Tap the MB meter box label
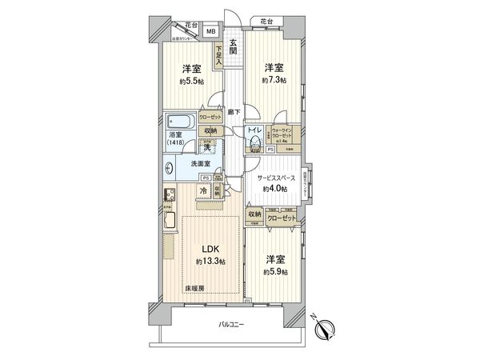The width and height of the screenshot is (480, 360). coord(211,31)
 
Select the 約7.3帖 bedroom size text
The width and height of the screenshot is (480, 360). coord(274,80)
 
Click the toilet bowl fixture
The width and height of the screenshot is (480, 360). coord(254,145)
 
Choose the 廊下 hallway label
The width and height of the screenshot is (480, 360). coord(233,112)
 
